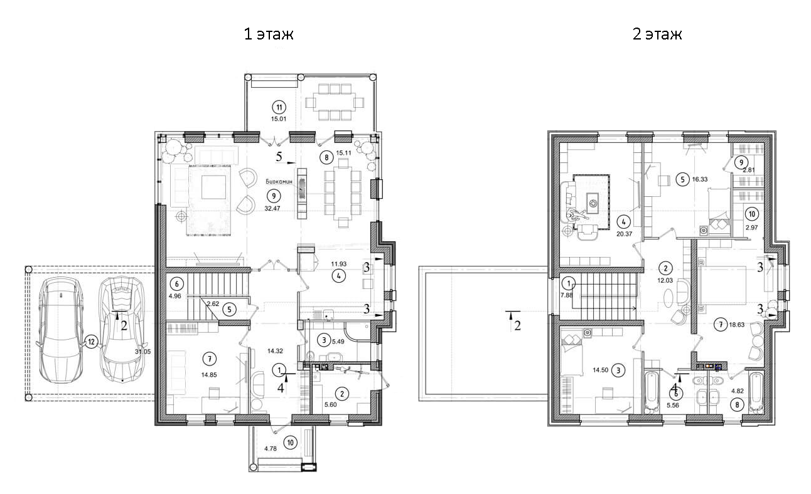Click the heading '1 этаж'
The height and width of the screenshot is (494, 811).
click(x=269, y=34)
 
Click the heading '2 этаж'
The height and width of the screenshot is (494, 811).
click(x=657, y=34)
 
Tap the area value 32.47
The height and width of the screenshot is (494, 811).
click(x=272, y=209)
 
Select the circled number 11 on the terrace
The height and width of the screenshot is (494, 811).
click(x=279, y=107)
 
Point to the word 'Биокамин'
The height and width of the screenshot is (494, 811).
click(x=279, y=182)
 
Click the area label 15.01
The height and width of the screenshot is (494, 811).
click(x=279, y=118)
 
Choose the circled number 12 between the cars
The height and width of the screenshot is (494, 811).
click(x=91, y=342)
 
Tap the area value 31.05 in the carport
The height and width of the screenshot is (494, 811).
click(x=142, y=352)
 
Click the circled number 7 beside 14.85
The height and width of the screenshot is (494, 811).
click(x=210, y=359)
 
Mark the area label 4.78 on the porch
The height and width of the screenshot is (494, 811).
click(x=271, y=449)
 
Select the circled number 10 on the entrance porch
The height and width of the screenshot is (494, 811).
click(x=291, y=443)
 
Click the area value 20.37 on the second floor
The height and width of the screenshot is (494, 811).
click(x=625, y=234)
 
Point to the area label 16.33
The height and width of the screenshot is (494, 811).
click(x=700, y=179)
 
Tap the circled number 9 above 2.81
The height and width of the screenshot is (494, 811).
click(x=741, y=163)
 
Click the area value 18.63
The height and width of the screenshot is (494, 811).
click(x=737, y=325)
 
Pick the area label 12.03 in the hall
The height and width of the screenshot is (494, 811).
click(x=665, y=280)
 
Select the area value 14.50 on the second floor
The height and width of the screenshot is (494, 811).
click(x=600, y=370)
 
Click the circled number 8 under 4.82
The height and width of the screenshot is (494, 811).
click(x=737, y=405)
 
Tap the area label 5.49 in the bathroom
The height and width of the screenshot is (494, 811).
click(x=338, y=342)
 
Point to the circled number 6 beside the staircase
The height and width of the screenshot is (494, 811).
click(x=177, y=284)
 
